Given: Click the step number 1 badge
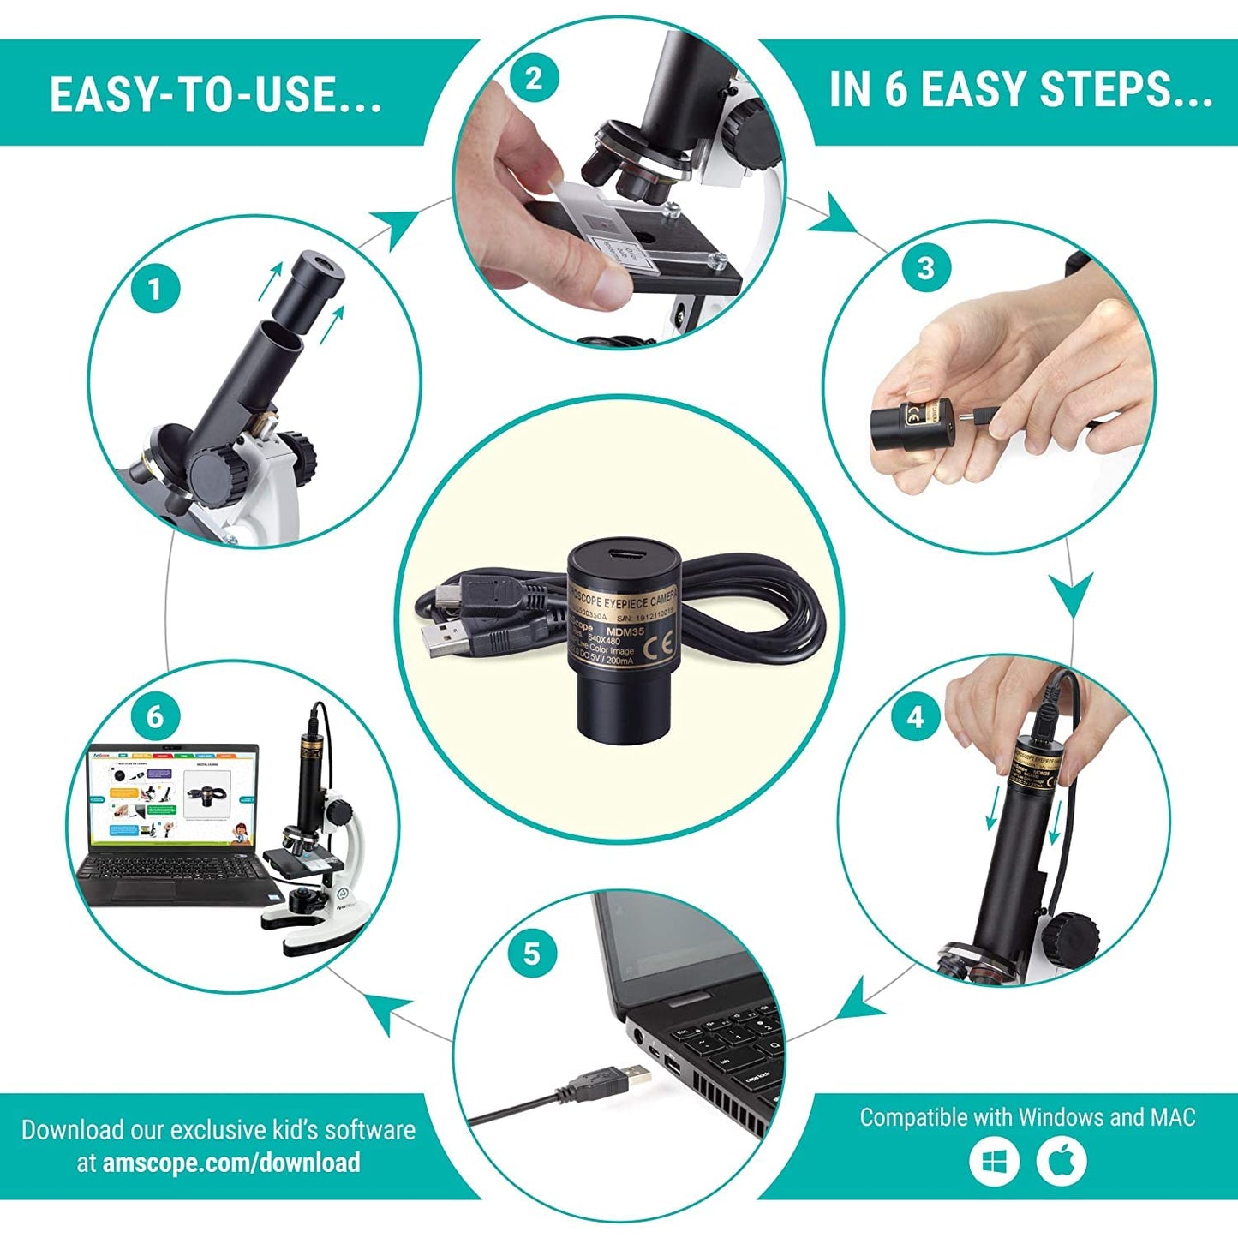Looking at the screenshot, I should [x=155, y=289].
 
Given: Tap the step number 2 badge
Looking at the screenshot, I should [x=534, y=79].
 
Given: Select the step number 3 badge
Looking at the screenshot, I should [x=925, y=268].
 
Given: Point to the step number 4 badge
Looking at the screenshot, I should [x=915, y=716].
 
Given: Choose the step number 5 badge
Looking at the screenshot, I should [x=532, y=953].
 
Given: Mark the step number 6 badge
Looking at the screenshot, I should [x=155, y=715].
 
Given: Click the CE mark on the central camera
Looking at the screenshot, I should [x=661, y=643].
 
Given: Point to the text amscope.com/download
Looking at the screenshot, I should [x=231, y=1163].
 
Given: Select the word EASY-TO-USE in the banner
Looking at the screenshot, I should [x=214, y=94].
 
